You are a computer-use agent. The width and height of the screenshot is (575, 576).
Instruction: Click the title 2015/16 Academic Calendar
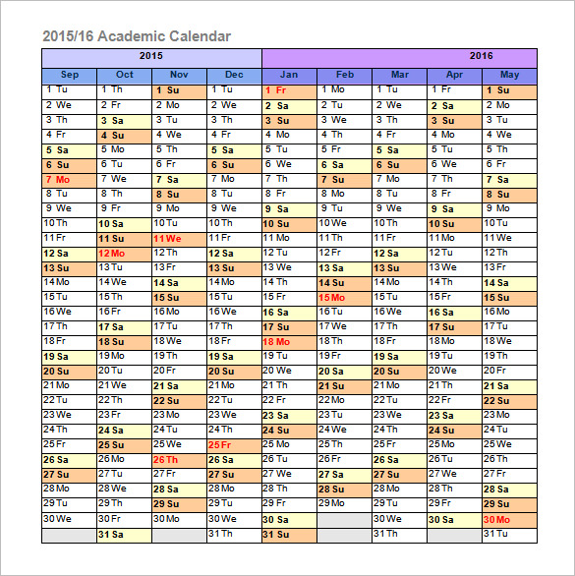(x=137, y=36)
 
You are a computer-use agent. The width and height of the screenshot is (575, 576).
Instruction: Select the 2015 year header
(x=151, y=57)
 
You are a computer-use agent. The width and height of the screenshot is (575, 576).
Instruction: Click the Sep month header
(x=69, y=75)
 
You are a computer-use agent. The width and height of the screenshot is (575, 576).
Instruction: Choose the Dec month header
(x=234, y=75)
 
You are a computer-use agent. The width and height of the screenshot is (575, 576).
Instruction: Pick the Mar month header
(x=399, y=75)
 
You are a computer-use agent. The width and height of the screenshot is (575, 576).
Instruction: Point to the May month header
(x=509, y=75)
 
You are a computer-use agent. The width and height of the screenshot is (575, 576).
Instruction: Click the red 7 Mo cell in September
(x=69, y=180)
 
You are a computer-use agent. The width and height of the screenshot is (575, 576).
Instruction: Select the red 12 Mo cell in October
(x=124, y=254)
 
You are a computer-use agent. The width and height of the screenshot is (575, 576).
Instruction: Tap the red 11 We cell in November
(x=179, y=239)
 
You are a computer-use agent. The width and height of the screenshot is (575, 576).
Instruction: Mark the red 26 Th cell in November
(x=179, y=460)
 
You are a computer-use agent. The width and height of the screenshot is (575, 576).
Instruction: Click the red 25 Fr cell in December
(x=234, y=445)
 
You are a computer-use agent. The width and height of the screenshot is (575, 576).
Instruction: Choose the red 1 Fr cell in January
(x=289, y=91)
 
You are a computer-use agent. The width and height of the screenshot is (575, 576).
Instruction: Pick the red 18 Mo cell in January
(x=289, y=342)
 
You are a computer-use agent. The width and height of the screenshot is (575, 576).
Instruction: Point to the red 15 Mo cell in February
(x=344, y=298)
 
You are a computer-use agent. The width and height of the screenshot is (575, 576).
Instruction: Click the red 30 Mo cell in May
(x=509, y=519)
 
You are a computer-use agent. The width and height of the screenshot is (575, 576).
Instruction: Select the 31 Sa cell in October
(x=124, y=535)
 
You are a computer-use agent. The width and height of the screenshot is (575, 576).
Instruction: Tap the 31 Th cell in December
(x=234, y=535)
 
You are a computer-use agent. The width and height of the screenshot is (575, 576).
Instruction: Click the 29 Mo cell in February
(x=344, y=504)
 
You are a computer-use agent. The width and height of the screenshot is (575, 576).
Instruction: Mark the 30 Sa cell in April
(x=454, y=519)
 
